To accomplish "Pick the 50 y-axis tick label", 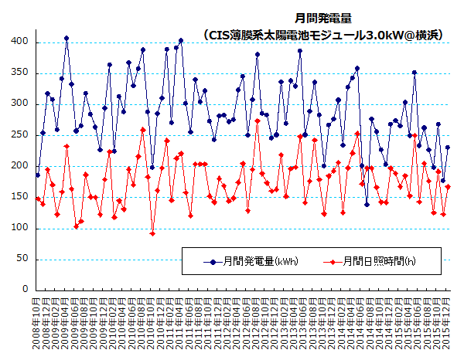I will [24, 260].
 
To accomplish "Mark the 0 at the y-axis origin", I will [26, 290].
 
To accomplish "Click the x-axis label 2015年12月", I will [448, 323].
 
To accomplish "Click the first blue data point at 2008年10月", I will [38, 175].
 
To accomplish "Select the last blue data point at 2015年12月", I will [448, 148].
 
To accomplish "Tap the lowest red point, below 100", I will [152, 233].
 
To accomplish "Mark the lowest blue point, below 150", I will [367, 205].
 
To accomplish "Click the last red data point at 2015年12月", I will [448, 187].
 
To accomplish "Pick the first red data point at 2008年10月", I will [38, 199].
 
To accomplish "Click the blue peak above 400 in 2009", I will [67, 38].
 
